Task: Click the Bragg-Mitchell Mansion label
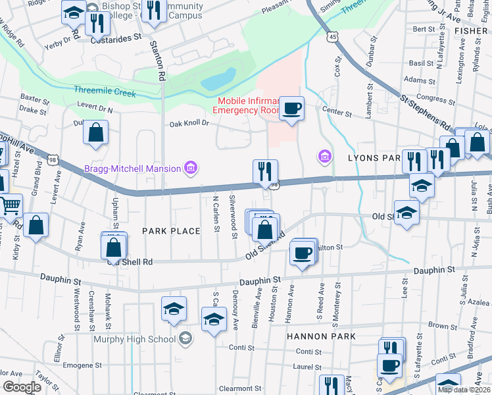point(132,169)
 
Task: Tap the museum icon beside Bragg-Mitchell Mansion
point(191,169)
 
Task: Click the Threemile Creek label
point(105,93)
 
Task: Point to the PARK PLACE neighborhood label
point(171,231)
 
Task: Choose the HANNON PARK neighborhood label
point(321,336)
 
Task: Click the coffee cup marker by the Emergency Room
point(291,108)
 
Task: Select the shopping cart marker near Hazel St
point(10,207)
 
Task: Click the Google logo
point(22,387)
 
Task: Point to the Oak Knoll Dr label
point(189,123)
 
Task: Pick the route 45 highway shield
point(334,38)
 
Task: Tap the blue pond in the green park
point(218,79)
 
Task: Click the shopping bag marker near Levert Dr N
point(95,132)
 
